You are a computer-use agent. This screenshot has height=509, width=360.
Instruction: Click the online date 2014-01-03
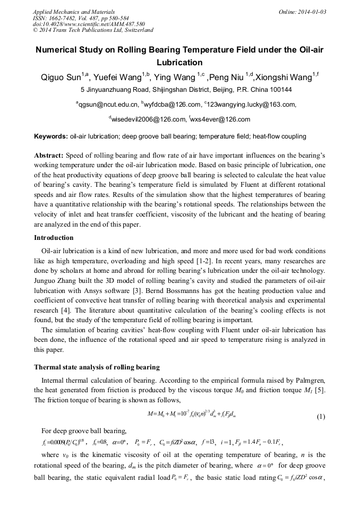tap(310, 12)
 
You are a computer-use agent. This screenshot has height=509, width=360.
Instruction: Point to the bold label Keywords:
tap(51, 136)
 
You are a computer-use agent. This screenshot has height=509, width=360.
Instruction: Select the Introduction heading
tap(54, 237)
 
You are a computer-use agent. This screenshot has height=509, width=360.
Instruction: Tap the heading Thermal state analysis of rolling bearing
tap(97, 367)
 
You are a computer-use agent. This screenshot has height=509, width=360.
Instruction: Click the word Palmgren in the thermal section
tap(308, 380)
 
